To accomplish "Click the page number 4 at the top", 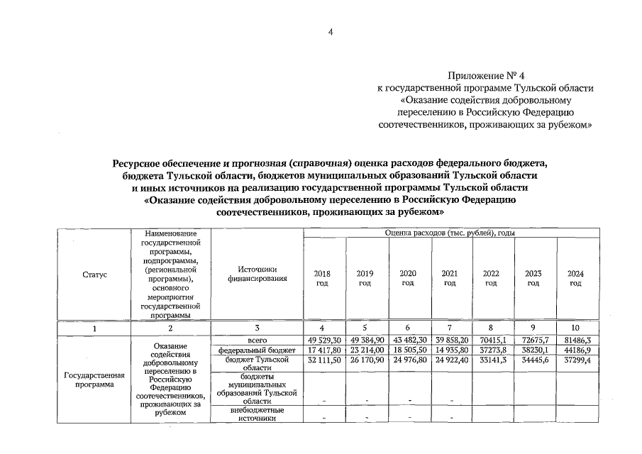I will (330, 31).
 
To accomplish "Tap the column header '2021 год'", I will (449, 278).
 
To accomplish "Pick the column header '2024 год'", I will (575, 278).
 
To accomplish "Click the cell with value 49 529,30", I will (323, 340).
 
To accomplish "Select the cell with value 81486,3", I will (575, 340).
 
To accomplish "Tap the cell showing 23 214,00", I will (365, 350).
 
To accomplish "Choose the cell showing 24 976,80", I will (408, 360).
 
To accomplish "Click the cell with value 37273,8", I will (491, 350).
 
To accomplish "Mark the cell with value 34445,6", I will (533, 360).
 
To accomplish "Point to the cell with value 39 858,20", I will (449, 340).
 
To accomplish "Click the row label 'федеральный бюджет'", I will (257, 350).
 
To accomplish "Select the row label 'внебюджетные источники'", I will (257, 414).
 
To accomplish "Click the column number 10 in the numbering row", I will (575, 328).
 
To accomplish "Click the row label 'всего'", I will (257, 340).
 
